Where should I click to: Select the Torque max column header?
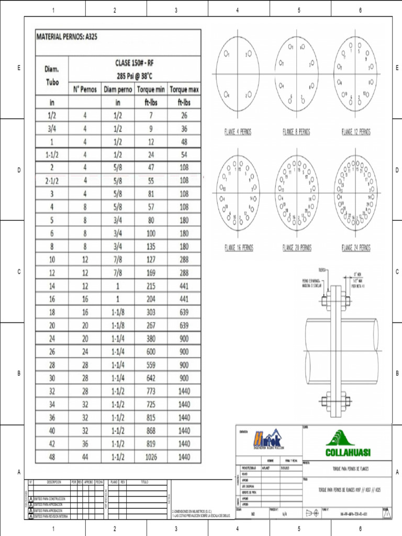(x=184, y=89)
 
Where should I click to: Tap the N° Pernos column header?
(x=85, y=89)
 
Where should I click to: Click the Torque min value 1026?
(x=151, y=456)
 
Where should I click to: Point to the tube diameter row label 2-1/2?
(x=52, y=181)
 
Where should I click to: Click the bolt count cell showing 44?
(x=85, y=456)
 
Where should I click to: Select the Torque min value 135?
(x=151, y=247)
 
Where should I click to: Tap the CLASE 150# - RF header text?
(x=135, y=63)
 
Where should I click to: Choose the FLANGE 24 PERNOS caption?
(x=355, y=247)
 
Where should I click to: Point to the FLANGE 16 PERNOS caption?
(x=238, y=247)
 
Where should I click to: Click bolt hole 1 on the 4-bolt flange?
(x=227, y=54)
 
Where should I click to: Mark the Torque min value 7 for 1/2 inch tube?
(x=151, y=115)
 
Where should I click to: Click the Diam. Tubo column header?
(x=52, y=76)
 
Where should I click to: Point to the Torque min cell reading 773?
(x=151, y=392)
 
